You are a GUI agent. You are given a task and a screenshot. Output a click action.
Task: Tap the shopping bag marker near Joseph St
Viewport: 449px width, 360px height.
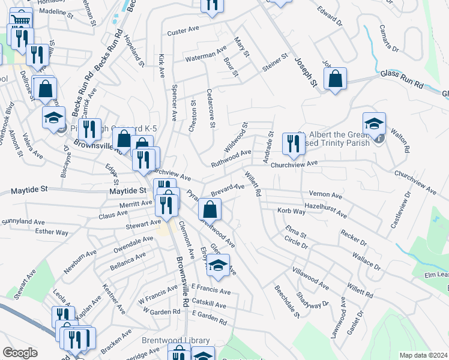[x=335, y=79]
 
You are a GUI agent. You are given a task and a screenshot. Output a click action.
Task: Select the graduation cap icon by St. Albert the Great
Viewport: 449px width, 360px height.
[x=374, y=124]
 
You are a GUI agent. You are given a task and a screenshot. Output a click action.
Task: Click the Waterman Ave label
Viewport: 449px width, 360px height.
[x=206, y=55]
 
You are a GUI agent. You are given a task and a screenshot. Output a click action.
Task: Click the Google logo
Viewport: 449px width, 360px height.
[x=19, y=353]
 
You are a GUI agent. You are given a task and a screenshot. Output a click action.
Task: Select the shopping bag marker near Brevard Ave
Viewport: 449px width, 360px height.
[x=210, y=209]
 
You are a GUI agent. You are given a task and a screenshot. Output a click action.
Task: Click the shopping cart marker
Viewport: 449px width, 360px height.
[x=21, y=20]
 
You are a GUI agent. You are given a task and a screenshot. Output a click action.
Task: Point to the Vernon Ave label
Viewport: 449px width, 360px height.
[x=325, y=195]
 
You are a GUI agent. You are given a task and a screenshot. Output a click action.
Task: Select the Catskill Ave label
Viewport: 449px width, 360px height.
[x=209, y=305]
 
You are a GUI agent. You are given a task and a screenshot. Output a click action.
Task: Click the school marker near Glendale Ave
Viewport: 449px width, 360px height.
[x=218, y=265]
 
